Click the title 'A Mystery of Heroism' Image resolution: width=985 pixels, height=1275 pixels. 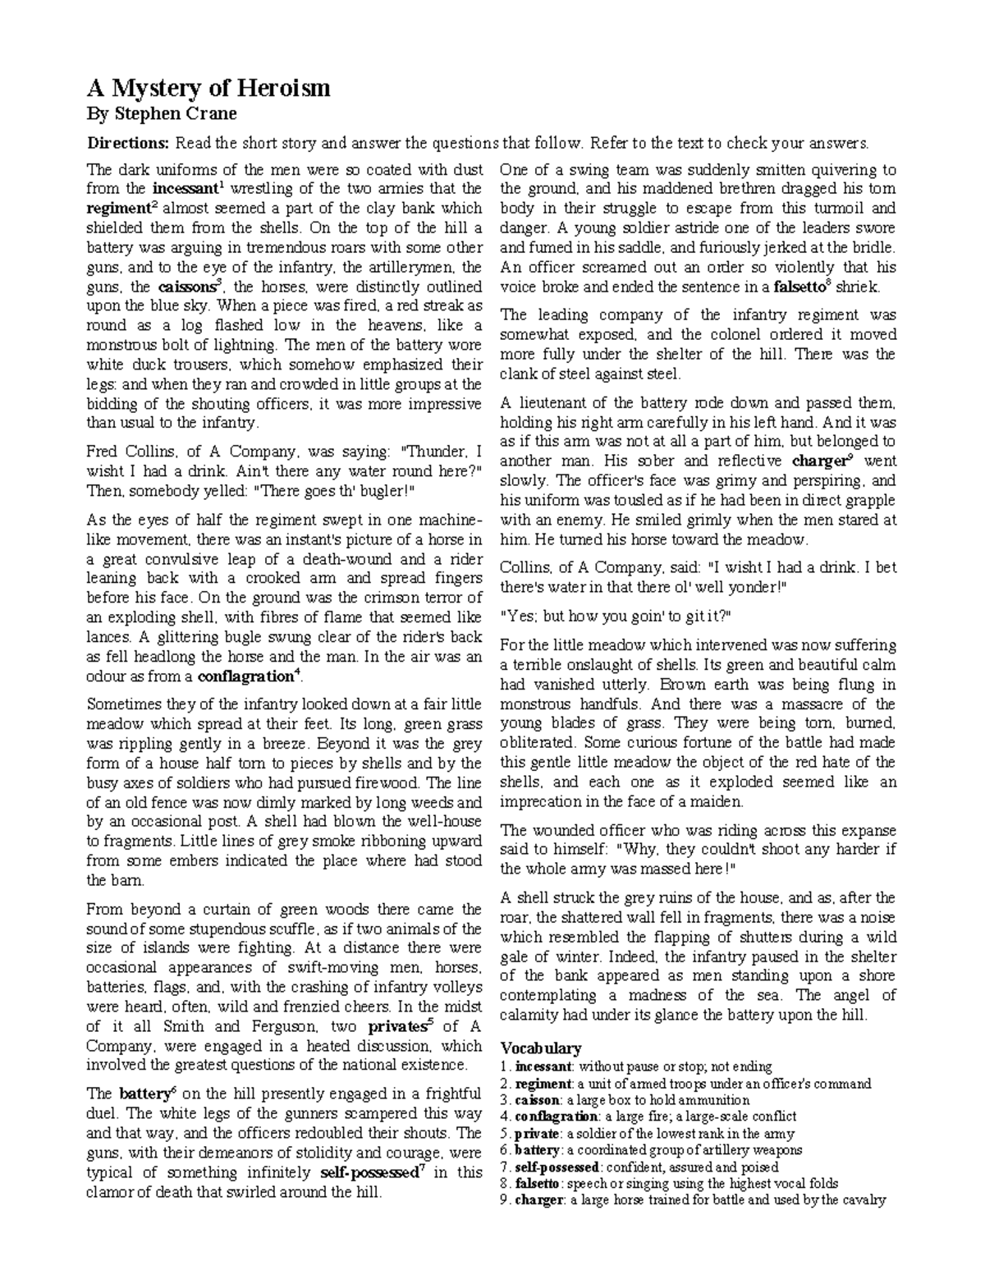pos(208,88)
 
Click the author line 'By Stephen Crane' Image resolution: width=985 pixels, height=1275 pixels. pos(162,113)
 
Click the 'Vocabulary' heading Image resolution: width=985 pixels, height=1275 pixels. pos(540,1048)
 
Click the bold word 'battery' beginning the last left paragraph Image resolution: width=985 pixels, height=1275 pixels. pos(143,1094)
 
